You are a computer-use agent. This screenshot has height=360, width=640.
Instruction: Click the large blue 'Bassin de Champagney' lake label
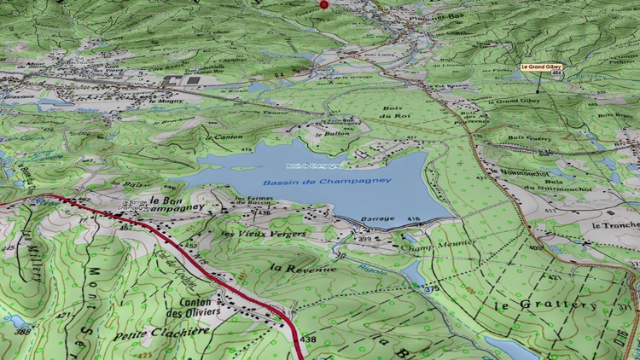tap(327, 181)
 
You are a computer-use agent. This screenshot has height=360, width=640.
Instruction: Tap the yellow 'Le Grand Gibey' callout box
tap(542, 67)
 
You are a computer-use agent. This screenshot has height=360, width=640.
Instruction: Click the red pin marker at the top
tap(323, 4)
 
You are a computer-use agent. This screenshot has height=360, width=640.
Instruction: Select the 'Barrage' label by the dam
tap(377, 218)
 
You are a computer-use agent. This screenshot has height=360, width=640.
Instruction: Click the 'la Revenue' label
tap(303, 268)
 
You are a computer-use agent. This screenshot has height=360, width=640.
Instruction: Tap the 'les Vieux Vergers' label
tap(263, 233)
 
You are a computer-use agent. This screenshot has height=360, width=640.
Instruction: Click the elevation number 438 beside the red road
tap(308, 339)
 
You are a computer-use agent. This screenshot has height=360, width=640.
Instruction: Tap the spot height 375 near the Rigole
tap(432, 288)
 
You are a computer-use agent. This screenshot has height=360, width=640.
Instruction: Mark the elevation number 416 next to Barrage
tap(414, 219)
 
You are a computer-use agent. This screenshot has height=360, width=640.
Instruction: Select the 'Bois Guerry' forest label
tap(530, 137)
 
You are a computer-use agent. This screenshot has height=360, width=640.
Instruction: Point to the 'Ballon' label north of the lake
tap(338, 133)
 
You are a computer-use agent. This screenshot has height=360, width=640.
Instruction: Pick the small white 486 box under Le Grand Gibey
tap(556, 74)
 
